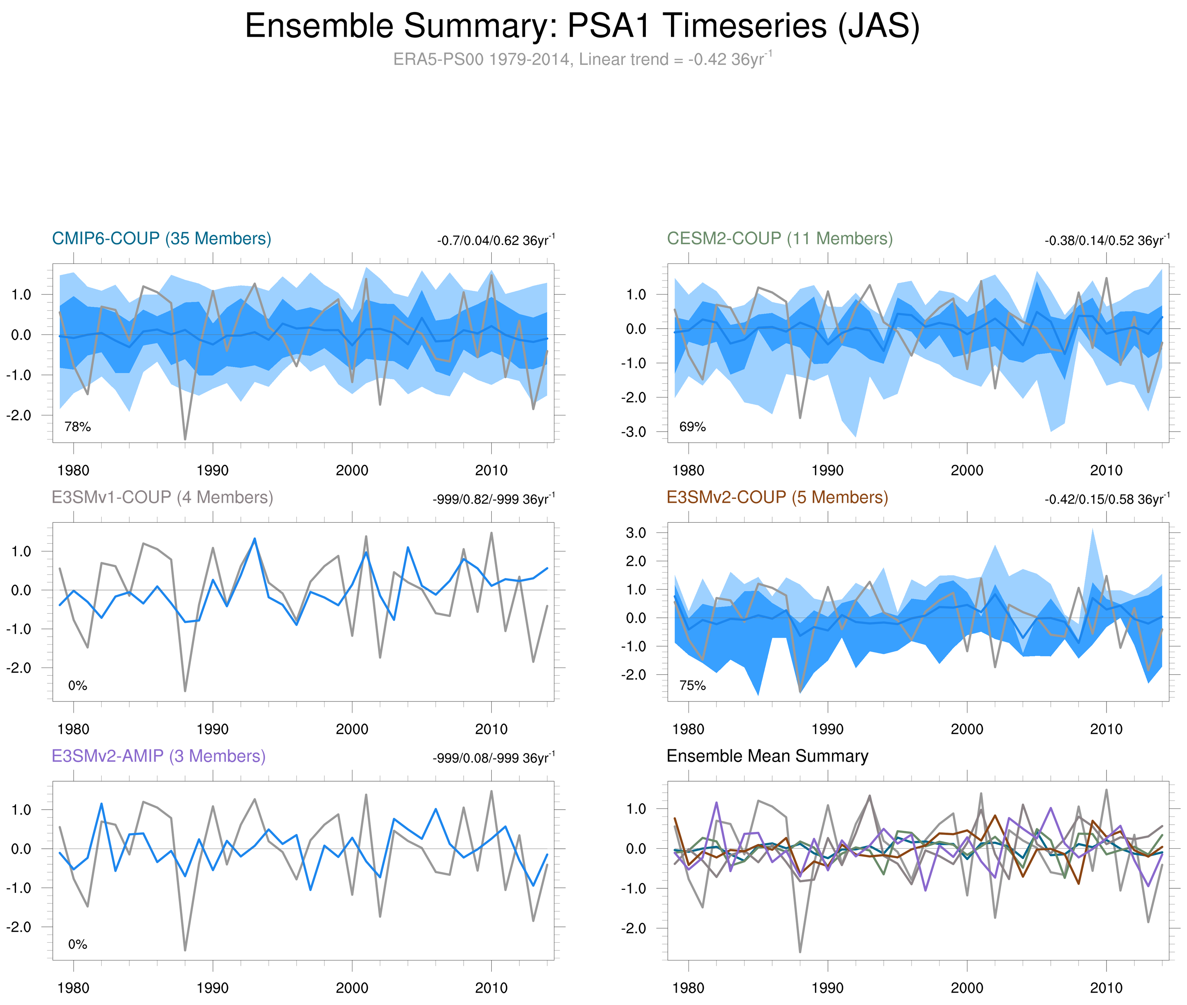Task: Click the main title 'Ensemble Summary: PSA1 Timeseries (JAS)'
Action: coord(582,26)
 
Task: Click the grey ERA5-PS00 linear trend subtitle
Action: coord(582,59)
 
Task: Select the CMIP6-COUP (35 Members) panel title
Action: coord(161,239)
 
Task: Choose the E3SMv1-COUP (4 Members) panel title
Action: coord(162,497)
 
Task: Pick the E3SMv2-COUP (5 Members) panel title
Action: coord(777,497)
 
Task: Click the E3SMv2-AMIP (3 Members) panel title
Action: coord(159,756)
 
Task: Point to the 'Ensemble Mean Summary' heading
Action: coord(767,756)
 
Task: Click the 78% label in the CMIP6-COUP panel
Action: coord(78,427)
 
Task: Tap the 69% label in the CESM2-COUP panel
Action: coord(692,427)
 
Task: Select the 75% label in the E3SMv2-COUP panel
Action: coord(692,685)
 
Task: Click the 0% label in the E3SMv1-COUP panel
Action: coord(78,685)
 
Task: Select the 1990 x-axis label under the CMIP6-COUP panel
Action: coord(212,470)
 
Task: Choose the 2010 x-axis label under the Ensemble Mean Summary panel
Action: coord(1106,988)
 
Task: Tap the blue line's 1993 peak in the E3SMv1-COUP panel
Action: coord(254,539)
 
